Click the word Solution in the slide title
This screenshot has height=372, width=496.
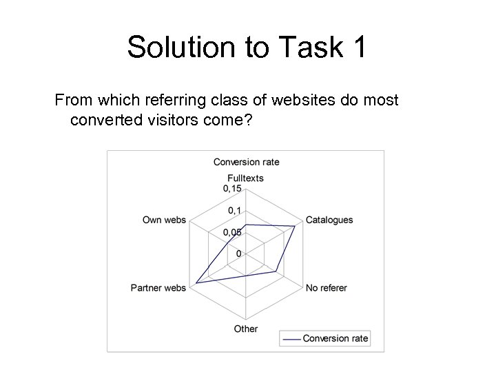click(180, 48)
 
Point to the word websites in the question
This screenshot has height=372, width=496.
click(304, 101)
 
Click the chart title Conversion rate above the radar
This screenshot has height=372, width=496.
click(246, 162)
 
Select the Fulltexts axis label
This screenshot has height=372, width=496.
click(245, 178)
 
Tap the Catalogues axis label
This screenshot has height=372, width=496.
click(329, 220)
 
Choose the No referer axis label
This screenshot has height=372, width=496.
click(327, 287)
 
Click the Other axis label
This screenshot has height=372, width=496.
click(245, 329)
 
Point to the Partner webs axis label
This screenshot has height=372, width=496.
click(158, 287)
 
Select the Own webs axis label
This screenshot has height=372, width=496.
click(164, 220)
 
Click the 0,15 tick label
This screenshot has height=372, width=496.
click(231, 189)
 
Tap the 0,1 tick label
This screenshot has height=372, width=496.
click(234, 211)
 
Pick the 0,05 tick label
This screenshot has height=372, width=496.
click(231, 232)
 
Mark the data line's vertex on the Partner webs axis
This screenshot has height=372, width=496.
click(196, 283)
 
